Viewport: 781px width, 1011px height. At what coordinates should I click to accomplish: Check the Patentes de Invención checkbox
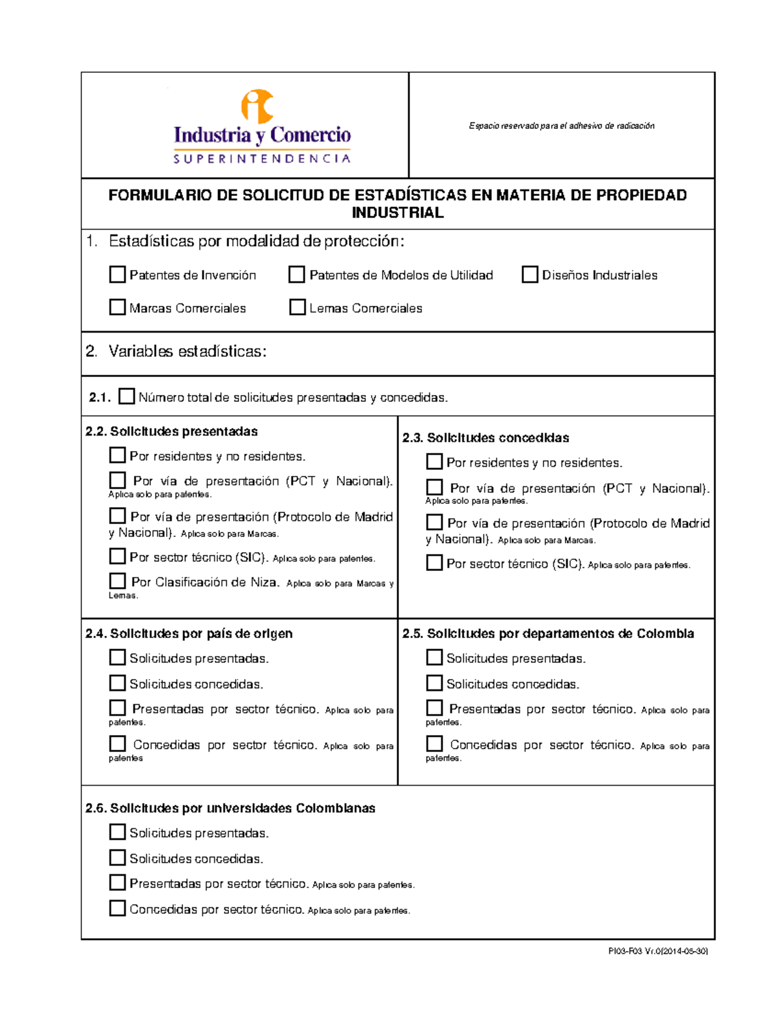pos(117,275)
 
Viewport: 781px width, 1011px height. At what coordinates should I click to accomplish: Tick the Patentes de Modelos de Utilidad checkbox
pos(297,275)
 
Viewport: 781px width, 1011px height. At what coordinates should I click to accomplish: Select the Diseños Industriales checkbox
pos(530,275)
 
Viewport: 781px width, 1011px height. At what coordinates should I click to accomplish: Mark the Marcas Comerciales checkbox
pos(117,307)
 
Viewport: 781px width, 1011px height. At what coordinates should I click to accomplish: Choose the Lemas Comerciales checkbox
pos(297,307)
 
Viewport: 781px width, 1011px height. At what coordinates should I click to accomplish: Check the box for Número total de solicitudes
pos(126,396)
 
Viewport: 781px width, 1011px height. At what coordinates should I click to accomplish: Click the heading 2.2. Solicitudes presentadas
pos(172,432)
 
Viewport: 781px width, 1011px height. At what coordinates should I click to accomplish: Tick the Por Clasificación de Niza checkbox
pos(117,581)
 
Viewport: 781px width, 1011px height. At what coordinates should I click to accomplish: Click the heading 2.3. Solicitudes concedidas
pos(486,438)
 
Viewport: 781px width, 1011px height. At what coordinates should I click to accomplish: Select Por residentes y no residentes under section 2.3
pos(434,462)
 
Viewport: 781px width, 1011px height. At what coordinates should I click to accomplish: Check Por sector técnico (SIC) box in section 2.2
pos(117,556)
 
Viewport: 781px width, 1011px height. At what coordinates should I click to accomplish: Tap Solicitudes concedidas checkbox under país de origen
pos(117,683)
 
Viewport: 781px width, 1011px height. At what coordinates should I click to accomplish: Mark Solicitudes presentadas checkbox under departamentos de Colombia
pos(434,658)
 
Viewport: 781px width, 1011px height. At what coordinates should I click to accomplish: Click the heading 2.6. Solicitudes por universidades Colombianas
pos(230,809)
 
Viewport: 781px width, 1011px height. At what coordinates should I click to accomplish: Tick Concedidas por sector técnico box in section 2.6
pos(117,908)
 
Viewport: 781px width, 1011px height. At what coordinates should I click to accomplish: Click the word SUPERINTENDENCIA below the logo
pos(262,159)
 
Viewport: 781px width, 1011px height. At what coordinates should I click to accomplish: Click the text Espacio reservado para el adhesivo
pos(561,126)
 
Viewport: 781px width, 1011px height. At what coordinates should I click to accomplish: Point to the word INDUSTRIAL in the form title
pos(398,213)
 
